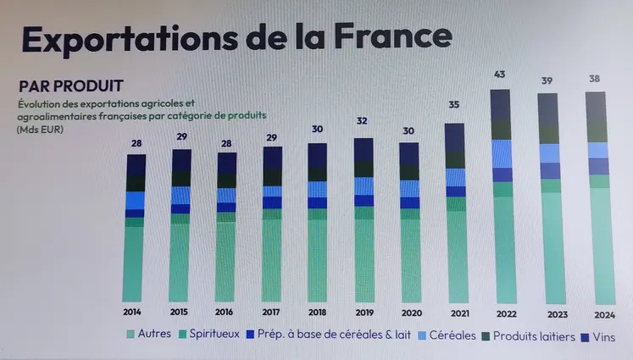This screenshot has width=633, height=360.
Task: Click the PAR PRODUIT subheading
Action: click(x=72, y=86)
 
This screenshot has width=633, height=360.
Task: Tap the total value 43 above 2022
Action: click(x=501, y=75)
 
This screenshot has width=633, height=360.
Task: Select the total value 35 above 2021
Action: click(x=454, y=105)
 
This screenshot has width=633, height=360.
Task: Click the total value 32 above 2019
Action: click(x=363, y=120)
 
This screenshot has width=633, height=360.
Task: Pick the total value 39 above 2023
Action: click(x=548, y=80)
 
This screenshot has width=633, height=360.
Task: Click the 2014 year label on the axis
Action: click(x=132, y=311)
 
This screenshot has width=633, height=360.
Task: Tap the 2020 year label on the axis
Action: click(x=409, y=311)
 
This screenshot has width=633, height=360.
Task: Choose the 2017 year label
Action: click(x=272, y=311)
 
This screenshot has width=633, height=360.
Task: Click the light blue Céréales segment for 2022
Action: click(x=502, y=153)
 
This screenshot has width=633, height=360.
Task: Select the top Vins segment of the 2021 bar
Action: click(x=455, y=138)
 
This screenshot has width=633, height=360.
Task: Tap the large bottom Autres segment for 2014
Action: click(x=133, y=263)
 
